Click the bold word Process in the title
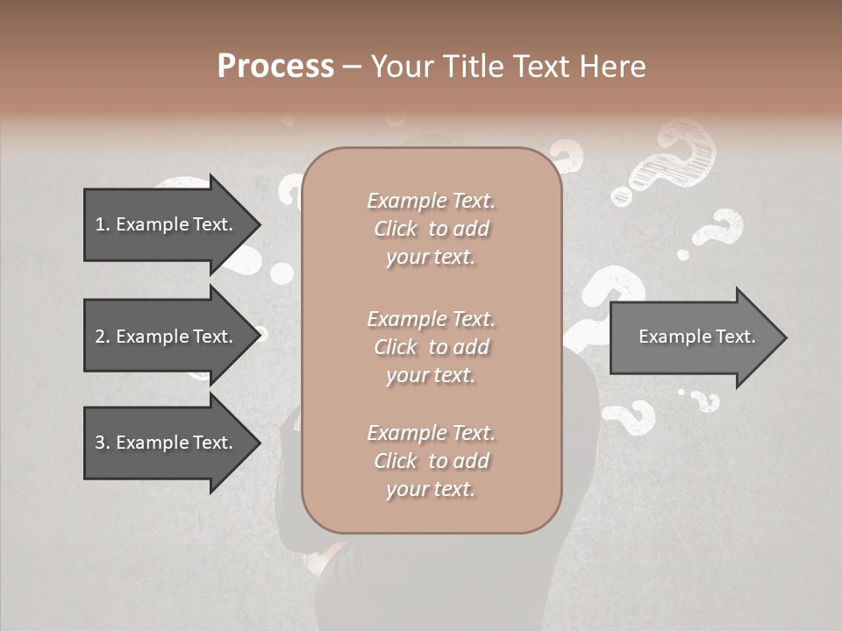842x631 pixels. (x=275, y=67)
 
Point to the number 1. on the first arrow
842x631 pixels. (x=103, y=225)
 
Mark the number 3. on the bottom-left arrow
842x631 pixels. (x=103, y=443)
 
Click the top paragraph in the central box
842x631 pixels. (x=431, y=229)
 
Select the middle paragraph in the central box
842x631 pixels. (x=431, y=347)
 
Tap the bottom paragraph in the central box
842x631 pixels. (x=431, y=461)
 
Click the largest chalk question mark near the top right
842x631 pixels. (x=675, y=158)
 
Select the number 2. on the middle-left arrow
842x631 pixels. (x=103, y=337)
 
